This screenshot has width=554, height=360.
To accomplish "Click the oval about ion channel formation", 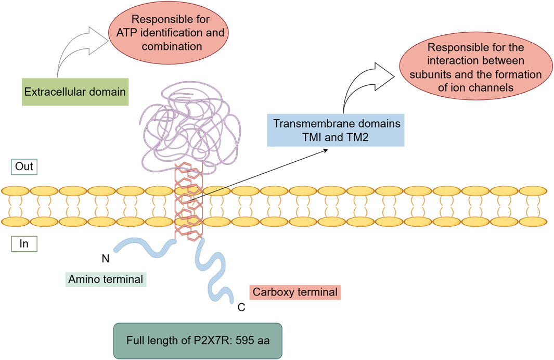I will coord(472,74).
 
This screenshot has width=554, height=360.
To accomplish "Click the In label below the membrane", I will coord(23,244).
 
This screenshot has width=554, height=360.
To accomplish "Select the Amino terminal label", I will coord(107,279).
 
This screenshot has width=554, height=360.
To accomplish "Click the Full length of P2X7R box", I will coord(198,341).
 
